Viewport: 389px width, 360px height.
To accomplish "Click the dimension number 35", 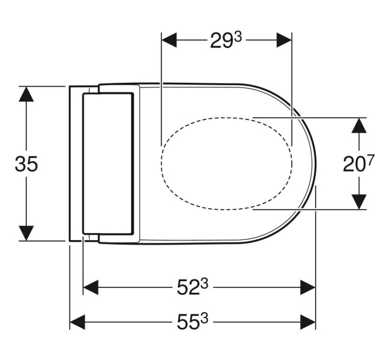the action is pyautogui.click(x=26, y=164).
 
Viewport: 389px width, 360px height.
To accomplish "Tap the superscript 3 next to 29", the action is pyautogui.click(x=237, y=38).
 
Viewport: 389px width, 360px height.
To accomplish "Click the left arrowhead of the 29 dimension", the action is pyautogui.click(x=169, y=39).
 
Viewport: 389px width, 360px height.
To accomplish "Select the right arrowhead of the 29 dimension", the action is pyautogui.click(x=284, y=39).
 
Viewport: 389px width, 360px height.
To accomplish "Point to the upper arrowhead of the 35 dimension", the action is pyautogui.click(x=26, y=94).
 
